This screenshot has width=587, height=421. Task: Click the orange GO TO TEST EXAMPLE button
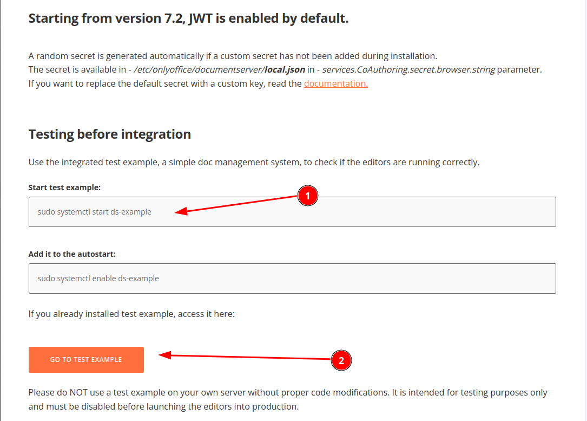coord(86,360)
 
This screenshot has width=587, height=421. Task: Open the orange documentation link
coord(336,83)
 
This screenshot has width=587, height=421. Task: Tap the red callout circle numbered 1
coord(308,196)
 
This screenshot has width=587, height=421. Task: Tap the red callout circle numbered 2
coord(341,360)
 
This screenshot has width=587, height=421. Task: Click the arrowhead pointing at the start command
coord(181,211)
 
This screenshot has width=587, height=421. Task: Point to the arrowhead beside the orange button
coord(164,355)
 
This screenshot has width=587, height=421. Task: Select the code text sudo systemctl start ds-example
coord(94,212)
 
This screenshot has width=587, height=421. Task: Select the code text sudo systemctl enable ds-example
coord(98,278)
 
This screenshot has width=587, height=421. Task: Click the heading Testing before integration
coord(110,134)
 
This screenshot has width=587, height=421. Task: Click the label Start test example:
coord(64,187)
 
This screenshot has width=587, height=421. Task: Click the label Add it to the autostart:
coord(72,254)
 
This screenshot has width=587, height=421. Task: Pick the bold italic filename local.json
coord(285,70)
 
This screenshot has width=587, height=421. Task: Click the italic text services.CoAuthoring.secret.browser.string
coord(408,70)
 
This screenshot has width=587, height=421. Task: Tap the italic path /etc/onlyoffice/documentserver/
coord(199,70)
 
